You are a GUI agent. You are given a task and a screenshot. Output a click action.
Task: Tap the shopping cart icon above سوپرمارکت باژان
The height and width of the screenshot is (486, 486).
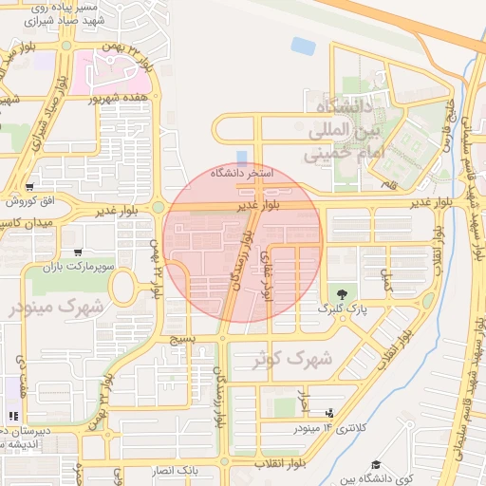click(77, 253)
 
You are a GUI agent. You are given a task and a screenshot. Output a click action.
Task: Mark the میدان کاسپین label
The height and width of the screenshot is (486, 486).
click(26, 221)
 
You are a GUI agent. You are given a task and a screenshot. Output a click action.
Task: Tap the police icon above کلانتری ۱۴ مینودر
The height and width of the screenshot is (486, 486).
click(328, 412)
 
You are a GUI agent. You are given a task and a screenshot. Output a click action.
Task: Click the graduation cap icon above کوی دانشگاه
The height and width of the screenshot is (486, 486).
click(377, 464)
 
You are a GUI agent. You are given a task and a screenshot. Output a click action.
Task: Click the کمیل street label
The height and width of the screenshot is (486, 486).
click(385, 279)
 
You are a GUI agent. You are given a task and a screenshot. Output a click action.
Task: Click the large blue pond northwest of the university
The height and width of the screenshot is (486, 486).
click(304, 45)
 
